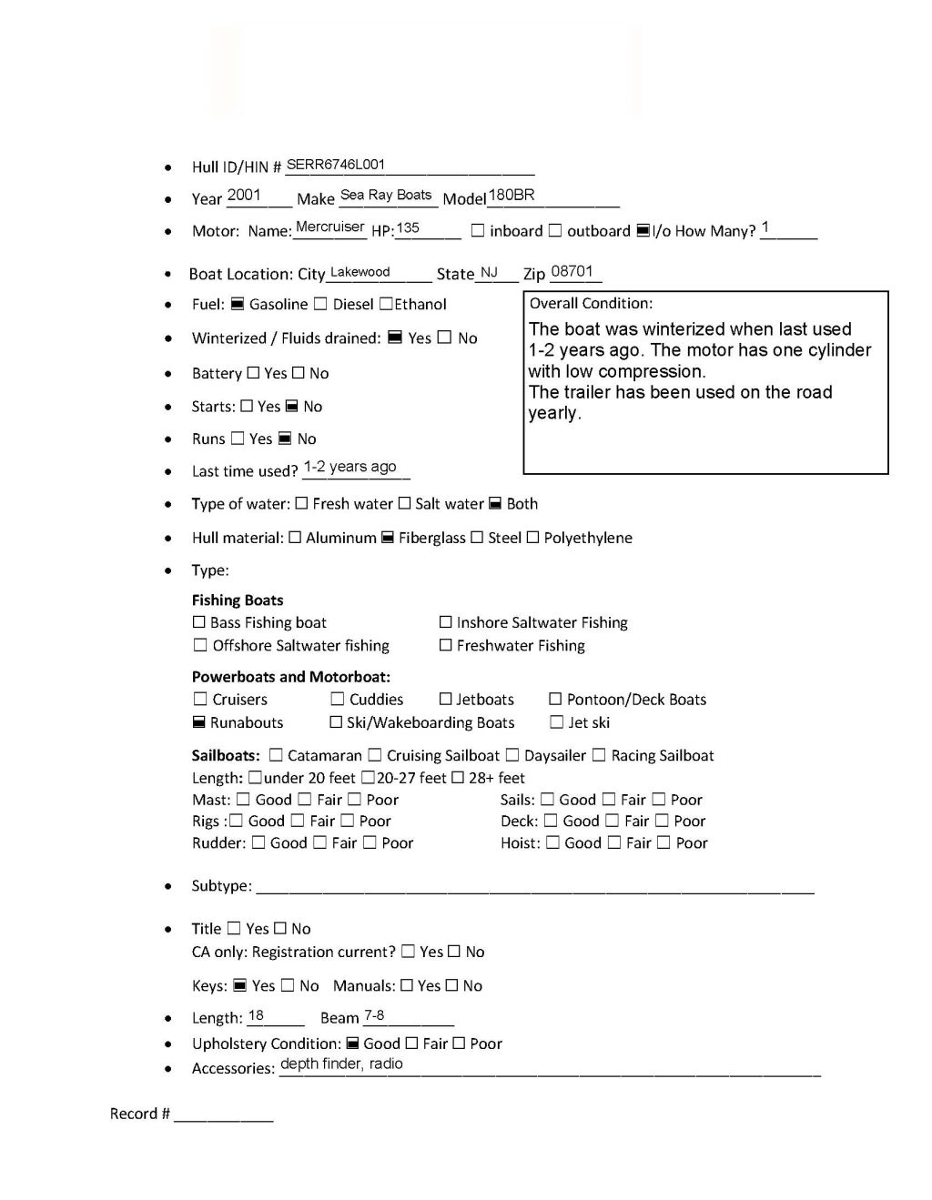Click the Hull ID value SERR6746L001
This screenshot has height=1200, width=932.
(x=336, y=165)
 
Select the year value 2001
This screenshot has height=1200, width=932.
(x=244, y=195)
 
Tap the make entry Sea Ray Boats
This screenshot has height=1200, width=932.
(x=386, y=195)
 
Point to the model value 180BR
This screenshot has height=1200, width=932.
(x=512, y=195)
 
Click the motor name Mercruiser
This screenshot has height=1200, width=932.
(x=329, y=227)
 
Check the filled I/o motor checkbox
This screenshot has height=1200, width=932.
(x=643, y=231)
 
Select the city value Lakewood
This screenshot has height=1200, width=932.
(x=360, y=272)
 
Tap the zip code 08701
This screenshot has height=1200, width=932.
(x=572, y=271)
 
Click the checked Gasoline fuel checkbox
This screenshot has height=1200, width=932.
(x=237, y=304)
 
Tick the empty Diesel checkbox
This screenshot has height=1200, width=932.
(x=320, y=304)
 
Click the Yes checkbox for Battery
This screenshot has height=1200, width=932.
(x=253, y=373)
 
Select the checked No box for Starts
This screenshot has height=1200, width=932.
(x=292, y=407)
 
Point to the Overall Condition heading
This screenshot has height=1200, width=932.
(x=591, y=303)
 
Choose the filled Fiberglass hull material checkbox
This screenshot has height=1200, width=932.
(x=387, y=538)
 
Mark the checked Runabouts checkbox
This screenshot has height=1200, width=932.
(x=198, y=722)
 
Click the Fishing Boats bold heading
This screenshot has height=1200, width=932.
(x=237, y=600)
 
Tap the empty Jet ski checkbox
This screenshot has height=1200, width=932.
(x=556, y=722)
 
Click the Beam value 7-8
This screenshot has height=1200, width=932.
(x=374, y=1015)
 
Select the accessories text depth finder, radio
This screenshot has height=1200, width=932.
(x=341, y=1064)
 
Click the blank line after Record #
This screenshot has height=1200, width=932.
(x=223, y=1114)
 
